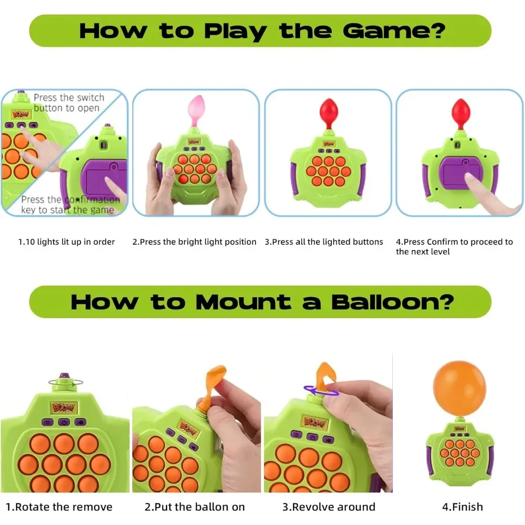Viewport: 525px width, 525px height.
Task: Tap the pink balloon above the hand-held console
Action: coord(195,111)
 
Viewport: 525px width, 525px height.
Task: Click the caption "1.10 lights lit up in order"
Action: coord(67,242)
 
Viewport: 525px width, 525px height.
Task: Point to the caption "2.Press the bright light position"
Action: coord(194,242)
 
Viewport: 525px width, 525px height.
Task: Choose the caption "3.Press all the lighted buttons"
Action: coord(324,242)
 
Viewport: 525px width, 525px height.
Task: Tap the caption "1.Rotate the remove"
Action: coord(59,507)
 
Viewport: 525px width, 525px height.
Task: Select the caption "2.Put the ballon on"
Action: coord(195,507)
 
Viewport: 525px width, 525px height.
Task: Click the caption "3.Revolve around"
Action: coord(329,507)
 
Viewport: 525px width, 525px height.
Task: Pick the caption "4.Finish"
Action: coord(455,507)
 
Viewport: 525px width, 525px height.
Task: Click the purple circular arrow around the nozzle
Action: coord(321,391)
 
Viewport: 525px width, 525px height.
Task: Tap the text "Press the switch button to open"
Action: coord(69,103)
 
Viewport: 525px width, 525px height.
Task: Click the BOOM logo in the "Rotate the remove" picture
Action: coord(64,407)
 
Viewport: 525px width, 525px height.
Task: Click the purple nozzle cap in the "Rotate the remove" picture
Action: coord(65,378)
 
